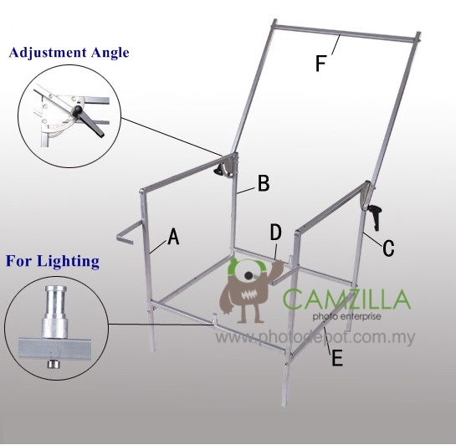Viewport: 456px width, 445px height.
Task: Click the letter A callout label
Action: tap(174, 237)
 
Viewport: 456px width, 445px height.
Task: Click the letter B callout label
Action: tap(264, 183)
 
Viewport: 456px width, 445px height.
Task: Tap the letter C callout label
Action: tap(388, 248)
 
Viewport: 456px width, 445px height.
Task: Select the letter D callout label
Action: tap(276, 233)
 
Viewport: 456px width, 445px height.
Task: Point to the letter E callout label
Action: tap(337, 357)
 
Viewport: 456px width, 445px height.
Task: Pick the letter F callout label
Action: tap(320, 64)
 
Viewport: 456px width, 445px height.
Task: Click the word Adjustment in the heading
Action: tap(48, 53)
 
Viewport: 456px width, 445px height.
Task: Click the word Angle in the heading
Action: tap(110, 54)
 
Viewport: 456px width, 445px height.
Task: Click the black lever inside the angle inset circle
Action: tap(90, 121)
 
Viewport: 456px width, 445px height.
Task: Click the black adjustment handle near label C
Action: tap(376, 217)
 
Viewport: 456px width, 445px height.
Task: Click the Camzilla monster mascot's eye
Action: tap(248, 275)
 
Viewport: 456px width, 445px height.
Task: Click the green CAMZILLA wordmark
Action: tap(346, 299)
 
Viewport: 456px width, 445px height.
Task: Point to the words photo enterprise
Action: tap(347, 316)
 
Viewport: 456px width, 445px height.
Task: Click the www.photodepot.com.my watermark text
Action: tap(315, 337)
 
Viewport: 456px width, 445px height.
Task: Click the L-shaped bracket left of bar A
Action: tap(129, 233)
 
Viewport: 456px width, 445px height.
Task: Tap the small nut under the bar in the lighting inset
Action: tap(53, 364)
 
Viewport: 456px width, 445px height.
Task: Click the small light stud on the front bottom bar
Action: tap(215, 319)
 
